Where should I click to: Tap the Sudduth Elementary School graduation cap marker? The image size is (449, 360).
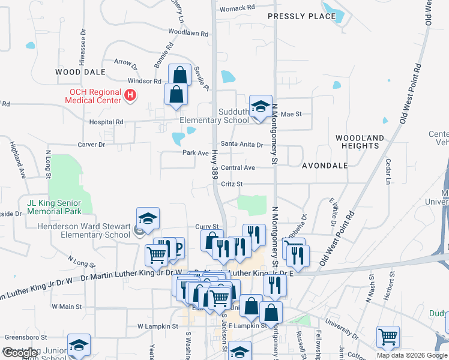point(261,107)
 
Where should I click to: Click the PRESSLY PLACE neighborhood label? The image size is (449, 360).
point(301,16)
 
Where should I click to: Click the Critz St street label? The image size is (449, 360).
point(231,184)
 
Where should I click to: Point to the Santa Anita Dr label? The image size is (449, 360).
point(242,145)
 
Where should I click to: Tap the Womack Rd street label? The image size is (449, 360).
point(237,8)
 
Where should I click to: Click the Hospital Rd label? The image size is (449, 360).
point(106,122)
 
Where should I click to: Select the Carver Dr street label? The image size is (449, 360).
point(91,145)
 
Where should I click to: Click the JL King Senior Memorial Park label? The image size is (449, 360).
point(54,208)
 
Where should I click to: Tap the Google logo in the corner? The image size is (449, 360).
point(20,353)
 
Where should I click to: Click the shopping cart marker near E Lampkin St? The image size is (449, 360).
point(388,337)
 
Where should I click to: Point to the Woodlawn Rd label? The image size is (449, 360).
point(184,31)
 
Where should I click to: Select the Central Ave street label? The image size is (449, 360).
point(238,168)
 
